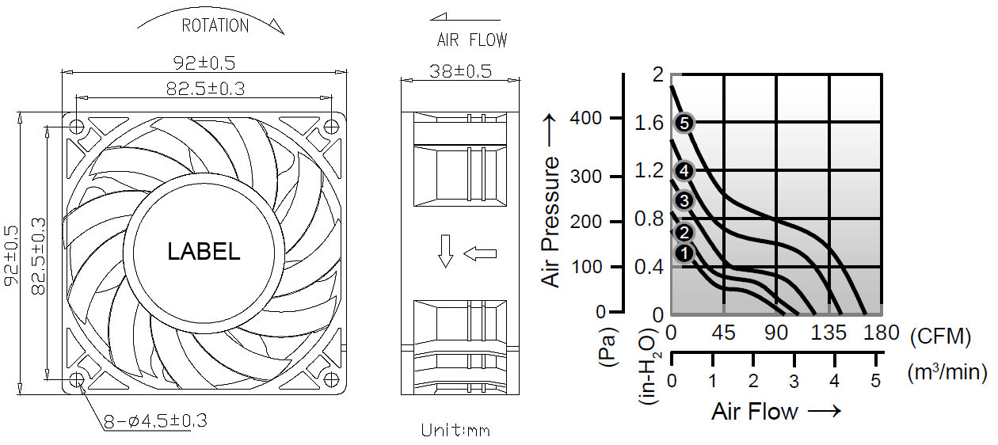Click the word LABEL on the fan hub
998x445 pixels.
pos(204,252)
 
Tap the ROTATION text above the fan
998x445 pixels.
pos(215,26)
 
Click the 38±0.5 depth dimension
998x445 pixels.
pos(460,71)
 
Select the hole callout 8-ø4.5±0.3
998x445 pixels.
pos(155,420)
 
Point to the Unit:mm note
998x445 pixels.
pos(455,430)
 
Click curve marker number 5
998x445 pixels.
pos(685,123)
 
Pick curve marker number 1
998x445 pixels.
pos(684,253)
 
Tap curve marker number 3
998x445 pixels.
pos(684,200)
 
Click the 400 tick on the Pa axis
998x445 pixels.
pos(586,119)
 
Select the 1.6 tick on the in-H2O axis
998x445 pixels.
pos(649,123)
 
